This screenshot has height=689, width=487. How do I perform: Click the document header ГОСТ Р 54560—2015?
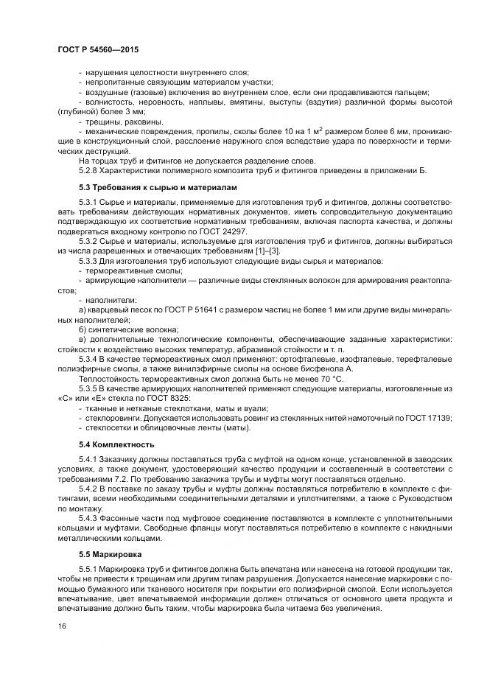tap(98, 49)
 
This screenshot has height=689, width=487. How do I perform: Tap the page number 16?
tap(62, 625)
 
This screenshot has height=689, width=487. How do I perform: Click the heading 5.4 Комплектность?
tap(116, 444)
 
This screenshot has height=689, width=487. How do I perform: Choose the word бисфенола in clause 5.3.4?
tap(318, 368)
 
